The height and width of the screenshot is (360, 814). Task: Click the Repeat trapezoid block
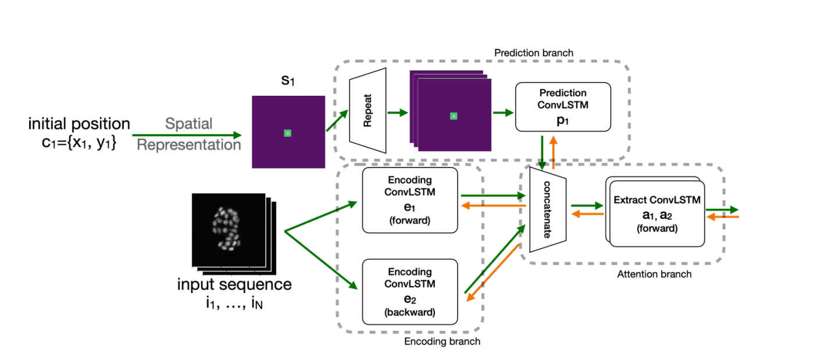coord(367,111)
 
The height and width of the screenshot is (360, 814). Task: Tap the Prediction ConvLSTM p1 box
coord(563,106)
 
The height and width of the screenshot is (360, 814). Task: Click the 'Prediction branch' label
coord(533,53)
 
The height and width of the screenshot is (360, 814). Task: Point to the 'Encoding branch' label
coord(442,341)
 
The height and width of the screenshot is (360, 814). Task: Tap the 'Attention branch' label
coord(654,274)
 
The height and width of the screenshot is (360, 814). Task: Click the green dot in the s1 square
coord(287,133)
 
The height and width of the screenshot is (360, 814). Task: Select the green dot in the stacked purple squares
coord(453,116)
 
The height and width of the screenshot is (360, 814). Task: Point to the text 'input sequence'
coord(234,285)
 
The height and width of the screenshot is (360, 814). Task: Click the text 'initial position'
coord(79,124)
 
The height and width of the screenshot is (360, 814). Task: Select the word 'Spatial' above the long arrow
coord(189,124)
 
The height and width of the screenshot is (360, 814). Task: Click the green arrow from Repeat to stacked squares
coord(398,113)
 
